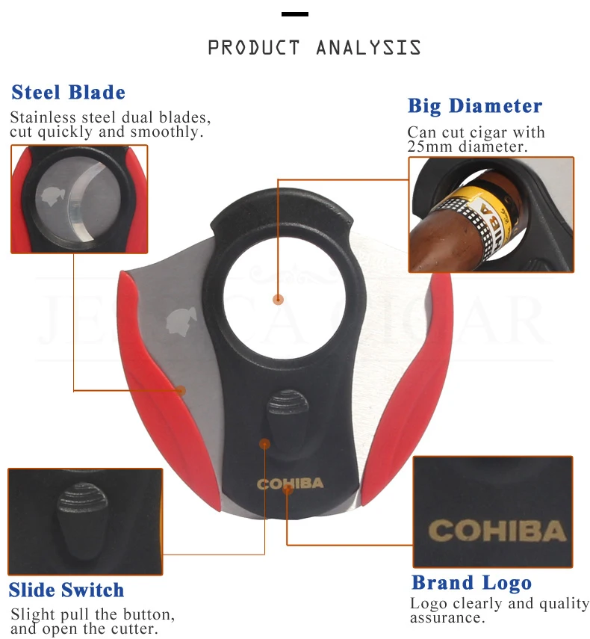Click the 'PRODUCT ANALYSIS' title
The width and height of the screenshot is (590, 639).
tap(314, 47)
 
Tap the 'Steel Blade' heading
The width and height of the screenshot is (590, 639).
tap(69, 92)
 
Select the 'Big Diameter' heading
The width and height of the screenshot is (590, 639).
tap(475, 106)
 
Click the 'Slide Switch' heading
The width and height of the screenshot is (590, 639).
tap(66, 590)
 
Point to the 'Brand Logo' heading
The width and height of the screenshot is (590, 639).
tap(471, 582)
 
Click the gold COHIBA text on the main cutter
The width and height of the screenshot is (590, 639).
tap(290, 484)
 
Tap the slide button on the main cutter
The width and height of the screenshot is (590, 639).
tap(287, 420)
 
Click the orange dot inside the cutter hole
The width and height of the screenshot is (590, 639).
tap(278, 300)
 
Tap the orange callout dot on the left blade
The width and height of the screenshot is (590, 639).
tap(181, 391)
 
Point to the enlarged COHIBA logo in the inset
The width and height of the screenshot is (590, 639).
tap(497, 530)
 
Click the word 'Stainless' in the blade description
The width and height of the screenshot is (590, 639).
tap(43, 117)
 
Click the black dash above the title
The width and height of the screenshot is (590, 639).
tap(295, 14)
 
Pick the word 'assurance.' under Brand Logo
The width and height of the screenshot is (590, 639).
tap(447, 618)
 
